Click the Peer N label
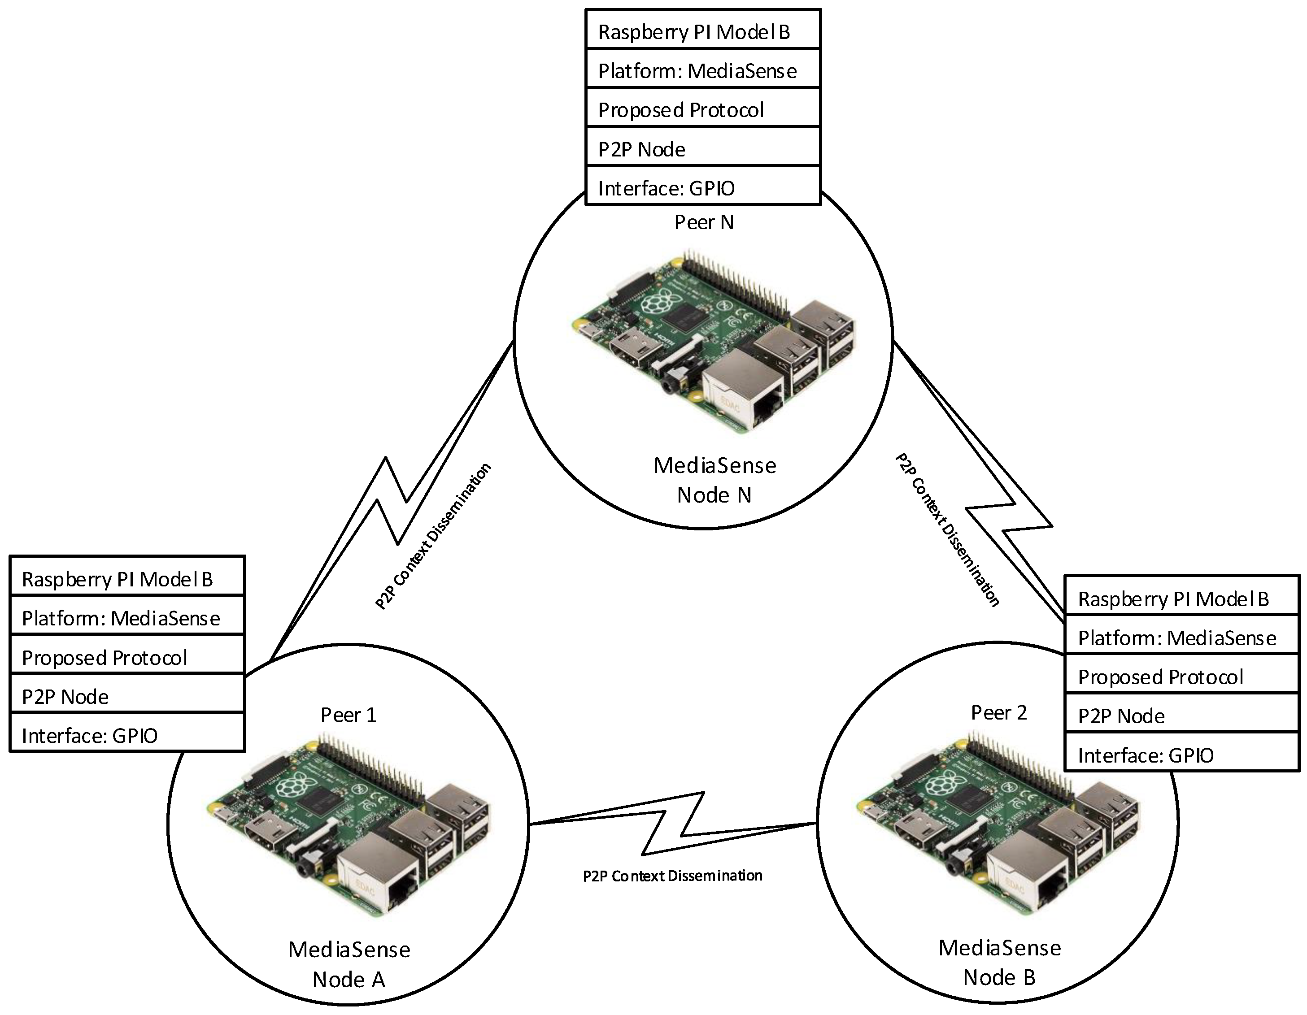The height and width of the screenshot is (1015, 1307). [704, 222]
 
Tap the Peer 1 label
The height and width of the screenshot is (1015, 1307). [349, 715]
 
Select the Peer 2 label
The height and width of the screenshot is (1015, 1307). [999, 712]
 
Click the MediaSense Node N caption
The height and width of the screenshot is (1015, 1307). [714, 480]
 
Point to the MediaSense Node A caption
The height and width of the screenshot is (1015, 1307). [349, 964]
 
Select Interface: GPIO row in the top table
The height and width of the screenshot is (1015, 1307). [702, 186]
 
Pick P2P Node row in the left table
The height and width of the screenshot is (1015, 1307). [127, 693]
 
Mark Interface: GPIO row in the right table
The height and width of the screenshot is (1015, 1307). [1182, 752]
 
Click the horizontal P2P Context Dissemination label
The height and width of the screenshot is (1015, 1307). [673, 876]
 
